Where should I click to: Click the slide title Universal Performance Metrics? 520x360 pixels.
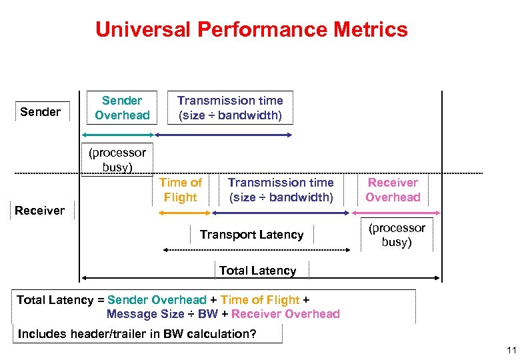click(x=251, y=29)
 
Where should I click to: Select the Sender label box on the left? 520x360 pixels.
click(x=41, y=111)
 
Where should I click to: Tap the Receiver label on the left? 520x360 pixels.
click(x=40, y=211)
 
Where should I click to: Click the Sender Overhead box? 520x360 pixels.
click(x=122, y=108)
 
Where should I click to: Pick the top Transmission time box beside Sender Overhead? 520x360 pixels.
click(x=229, y=108)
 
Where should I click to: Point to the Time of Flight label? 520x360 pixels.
click(x=181, y=190)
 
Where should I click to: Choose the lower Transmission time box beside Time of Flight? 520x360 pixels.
click(x=281, y=190)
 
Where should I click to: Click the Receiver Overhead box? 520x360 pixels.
click(x=393, y=190)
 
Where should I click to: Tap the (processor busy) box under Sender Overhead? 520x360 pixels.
click(x=117, y=160)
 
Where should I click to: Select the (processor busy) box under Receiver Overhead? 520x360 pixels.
click(x=397, y=235)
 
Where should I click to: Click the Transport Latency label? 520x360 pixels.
click(x=251, y=235)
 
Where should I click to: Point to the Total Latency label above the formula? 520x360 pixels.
click(x=257, y=271)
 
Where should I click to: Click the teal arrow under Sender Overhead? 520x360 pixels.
click(x=118, y=135)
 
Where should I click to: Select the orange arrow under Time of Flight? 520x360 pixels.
click(x=185, y=213)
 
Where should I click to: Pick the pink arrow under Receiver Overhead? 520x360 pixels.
click(x=394, y=213)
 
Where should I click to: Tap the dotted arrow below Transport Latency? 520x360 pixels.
click(x=257, y=250)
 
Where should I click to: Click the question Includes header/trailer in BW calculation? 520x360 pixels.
click(x=137, y=334)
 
